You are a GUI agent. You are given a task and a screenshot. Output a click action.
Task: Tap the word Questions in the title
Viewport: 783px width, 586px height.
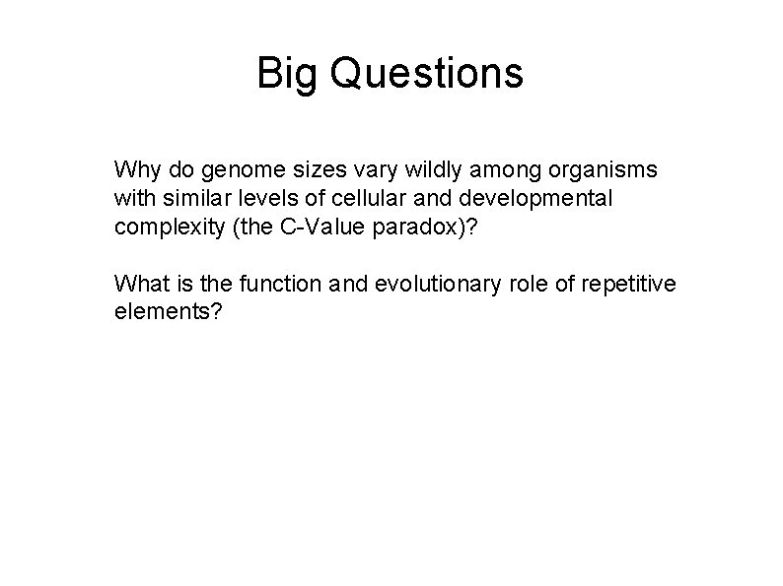(x=429, y=73)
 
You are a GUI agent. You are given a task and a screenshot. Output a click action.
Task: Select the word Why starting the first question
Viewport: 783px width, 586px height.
(x=135, y=169)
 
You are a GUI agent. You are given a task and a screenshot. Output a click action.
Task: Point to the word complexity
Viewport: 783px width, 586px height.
(x=162, y=228)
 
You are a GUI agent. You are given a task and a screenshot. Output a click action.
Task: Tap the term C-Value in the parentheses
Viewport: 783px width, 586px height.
(x=300, y=227)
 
